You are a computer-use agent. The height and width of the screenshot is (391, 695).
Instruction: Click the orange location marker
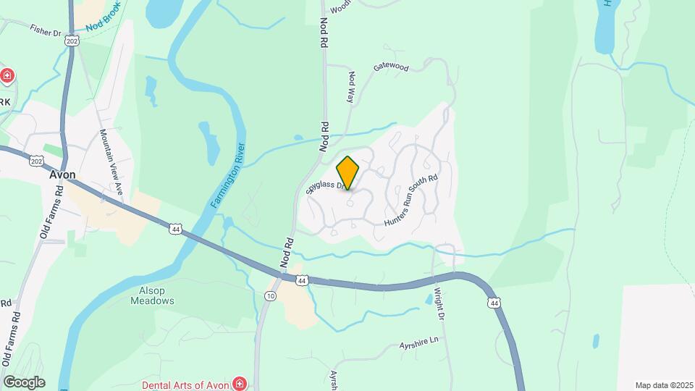coord(348,172)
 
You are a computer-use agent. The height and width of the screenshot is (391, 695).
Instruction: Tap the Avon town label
coord(64,175)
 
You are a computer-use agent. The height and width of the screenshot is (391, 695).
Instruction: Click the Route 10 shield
coord(270,296)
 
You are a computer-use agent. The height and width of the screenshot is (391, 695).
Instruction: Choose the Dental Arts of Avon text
coord(185,384)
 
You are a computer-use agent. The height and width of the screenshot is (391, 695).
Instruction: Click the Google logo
coord(25,382)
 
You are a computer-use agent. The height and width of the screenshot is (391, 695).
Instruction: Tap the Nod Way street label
coord(351,86)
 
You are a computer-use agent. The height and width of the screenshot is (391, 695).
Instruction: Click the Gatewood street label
coord(391,67)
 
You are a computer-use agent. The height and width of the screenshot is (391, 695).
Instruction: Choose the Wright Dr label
coord(439,305)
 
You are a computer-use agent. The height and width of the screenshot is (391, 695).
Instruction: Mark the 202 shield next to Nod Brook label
coord(72,43)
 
